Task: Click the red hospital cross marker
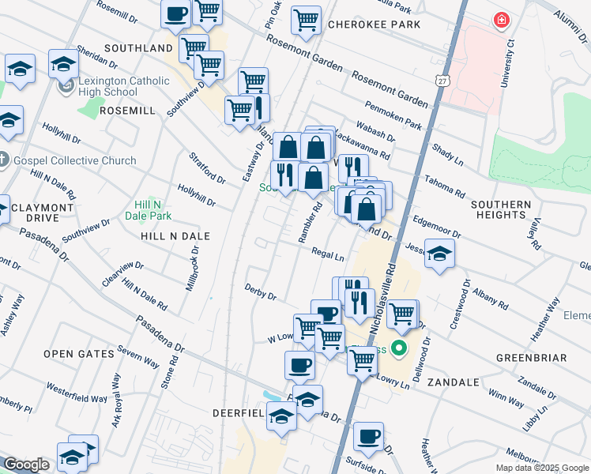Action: (x=501, y=21)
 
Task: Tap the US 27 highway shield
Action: (x=442, y=80)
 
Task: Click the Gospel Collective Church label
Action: (x=74, y=161)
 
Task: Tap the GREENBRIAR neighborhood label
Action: (x=531, y=358)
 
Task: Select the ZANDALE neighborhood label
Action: (x=453, y=382)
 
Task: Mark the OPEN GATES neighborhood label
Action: (x=79, y=354)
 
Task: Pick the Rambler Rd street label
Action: (x=310, y=224)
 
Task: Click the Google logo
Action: (x=25, y=465)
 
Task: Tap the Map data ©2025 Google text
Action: (x=541, y=468)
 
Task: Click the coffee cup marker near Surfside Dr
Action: (x=368, y=436)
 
